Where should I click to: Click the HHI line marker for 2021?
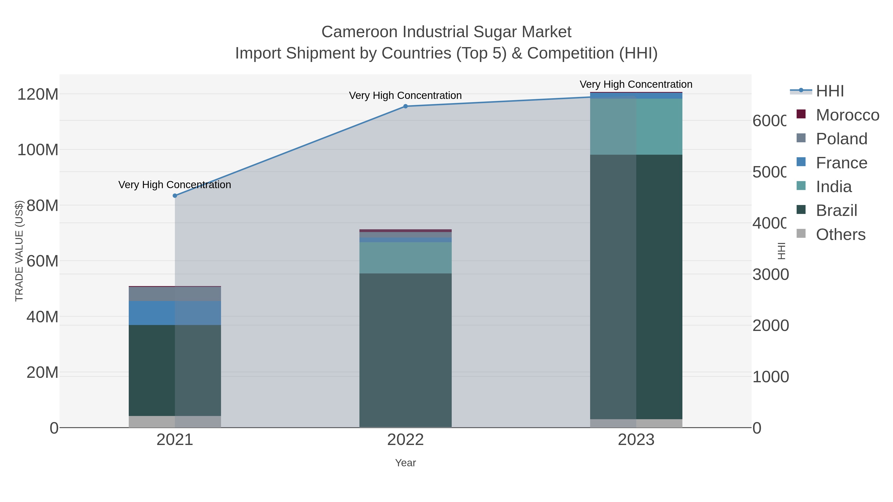(x=175, y=196)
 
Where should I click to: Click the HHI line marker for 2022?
(x=405, y=106)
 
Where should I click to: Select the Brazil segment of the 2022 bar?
(x=405, y=350)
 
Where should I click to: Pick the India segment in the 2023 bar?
(x=636, y=126)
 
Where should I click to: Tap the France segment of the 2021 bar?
(x=175, y=313)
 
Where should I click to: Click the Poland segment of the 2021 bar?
(x=175, y=294)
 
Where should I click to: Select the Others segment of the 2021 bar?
(x=175, y=422)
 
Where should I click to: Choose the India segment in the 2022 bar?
(x=405, y=258)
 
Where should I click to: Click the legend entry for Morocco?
(x=847, y=115)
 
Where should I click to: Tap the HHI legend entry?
(x=829, y=91)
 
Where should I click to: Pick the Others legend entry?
(x=840, y=235)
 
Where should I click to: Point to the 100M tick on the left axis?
(x=38, y=150)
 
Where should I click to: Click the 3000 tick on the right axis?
(x=770, y=274)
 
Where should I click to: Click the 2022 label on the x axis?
(x=405, y=440)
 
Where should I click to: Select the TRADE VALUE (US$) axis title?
(x=19, y=251)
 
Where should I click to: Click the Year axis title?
(x=405, y=463)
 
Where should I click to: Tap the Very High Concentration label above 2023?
(x=636, y=84)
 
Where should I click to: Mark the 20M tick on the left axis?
(x=42, y=372)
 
